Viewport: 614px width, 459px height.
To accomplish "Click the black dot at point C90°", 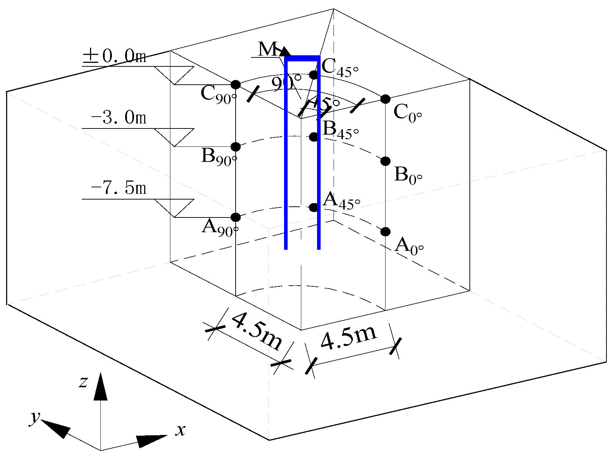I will coord(236,85).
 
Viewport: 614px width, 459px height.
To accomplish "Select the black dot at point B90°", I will coord(236,146).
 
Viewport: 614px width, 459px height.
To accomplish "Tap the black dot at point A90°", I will coord(236,217).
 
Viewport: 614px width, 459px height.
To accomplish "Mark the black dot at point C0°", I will coord(385,99).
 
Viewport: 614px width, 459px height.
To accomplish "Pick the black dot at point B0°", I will coord(385,161).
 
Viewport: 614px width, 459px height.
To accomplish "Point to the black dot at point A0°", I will coord(385,231).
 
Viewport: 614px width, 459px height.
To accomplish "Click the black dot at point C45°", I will coord(314,75).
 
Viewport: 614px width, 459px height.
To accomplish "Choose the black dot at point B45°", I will coord(314,137).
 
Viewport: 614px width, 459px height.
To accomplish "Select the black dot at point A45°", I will coord(314,207).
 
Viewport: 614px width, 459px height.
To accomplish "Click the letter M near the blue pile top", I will coord(267,49).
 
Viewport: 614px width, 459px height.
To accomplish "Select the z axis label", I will coord(83,382).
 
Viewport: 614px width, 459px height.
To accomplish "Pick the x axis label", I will coord(180,430).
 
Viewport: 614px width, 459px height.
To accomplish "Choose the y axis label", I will coord(35,417).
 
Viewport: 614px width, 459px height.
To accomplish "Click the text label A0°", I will coord(409,246).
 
